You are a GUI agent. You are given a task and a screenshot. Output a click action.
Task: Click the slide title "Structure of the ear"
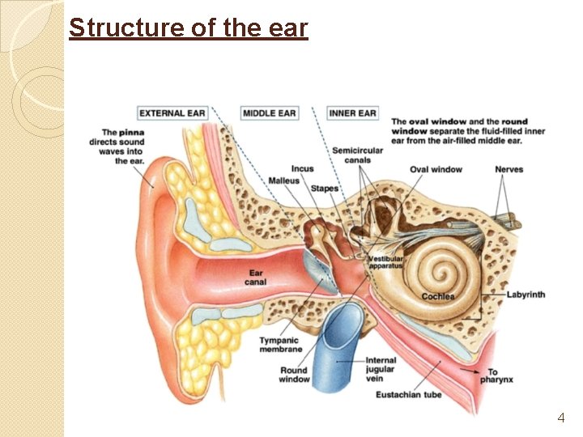click(189, 28)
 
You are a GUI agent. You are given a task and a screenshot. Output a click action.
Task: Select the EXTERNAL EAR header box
click(172, 112)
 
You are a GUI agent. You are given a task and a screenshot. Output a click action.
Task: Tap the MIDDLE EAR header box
click(270, 112)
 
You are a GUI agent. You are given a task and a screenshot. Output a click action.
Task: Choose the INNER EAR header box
click(353, 112)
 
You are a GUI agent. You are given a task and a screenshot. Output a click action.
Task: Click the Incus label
click(302, 169)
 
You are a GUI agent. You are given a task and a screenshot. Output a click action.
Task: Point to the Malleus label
click(283, 180)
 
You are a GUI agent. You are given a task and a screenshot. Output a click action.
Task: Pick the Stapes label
click(325, 189)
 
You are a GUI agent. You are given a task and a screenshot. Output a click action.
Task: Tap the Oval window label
click(436, 169)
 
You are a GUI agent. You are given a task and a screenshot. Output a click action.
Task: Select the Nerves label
click(509, 169)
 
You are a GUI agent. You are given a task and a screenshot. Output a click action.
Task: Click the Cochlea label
click(438, 296)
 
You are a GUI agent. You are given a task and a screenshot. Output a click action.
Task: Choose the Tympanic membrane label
click(279, 345)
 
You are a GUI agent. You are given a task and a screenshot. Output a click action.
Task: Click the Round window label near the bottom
click(295, 375)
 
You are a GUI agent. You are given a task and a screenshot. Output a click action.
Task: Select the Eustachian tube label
click(409, 395)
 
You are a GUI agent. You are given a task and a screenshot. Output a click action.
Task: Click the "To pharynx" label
click(495, 375)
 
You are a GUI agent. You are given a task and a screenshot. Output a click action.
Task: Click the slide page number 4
click(560, 418)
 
